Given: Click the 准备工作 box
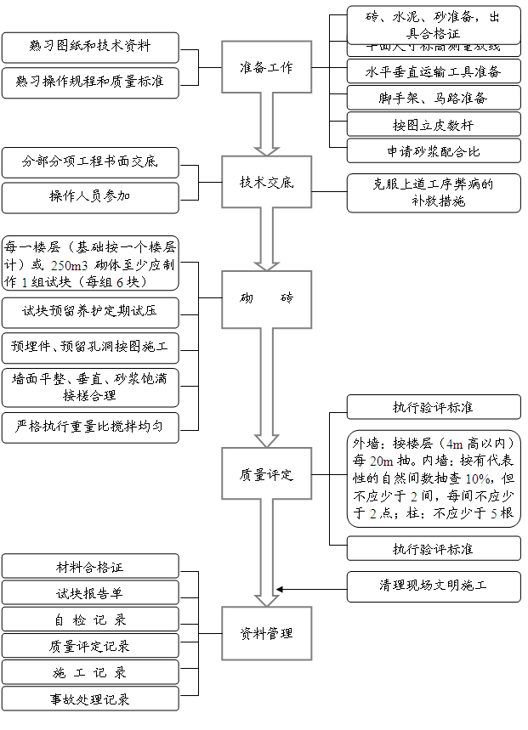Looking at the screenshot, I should (266, 67).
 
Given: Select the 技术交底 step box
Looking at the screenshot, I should (266, 182).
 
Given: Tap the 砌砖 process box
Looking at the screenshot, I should (266, 298).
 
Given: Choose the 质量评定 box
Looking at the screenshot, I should (266, 475).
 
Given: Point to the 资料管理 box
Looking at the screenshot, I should (266, 633).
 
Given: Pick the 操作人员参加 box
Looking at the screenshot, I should (90, 197).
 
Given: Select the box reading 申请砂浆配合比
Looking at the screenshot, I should (434, 151).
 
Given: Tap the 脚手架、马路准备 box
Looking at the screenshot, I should (434, 98).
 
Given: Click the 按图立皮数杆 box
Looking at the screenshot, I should (434, 125).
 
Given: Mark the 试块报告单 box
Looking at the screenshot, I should (90, 592).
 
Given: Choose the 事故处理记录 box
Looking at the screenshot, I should (90, 699).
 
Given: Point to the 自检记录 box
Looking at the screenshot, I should (90, 620).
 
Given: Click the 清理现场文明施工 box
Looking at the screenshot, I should (434, 587).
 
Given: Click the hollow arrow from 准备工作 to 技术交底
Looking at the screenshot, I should (266, 123).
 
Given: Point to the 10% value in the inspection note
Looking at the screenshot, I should (477, 478).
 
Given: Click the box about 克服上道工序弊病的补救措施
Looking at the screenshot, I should (434, 193).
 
